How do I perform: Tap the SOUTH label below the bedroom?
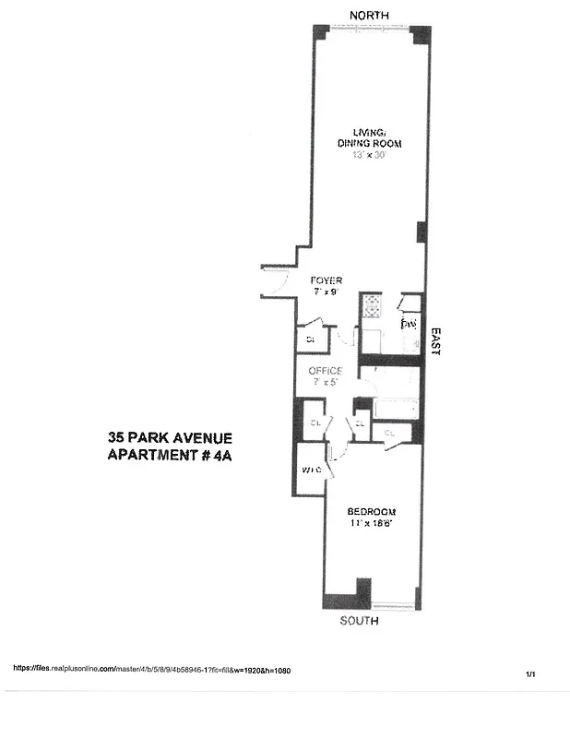(x=360, y=621)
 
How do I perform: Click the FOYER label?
(x=326, y=280)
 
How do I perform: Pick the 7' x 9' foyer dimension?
(x=326, y=292)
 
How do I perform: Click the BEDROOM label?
(x=371, y=512)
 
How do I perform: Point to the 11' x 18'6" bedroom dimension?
(x=371, y=524)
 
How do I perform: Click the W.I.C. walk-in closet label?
(x=311, y=470)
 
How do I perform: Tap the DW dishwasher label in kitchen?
(x=409, y=325)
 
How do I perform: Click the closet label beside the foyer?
(x=310, y=339)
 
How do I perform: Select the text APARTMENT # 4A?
(x=170, y=455)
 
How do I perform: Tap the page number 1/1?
(x=531, y=675)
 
